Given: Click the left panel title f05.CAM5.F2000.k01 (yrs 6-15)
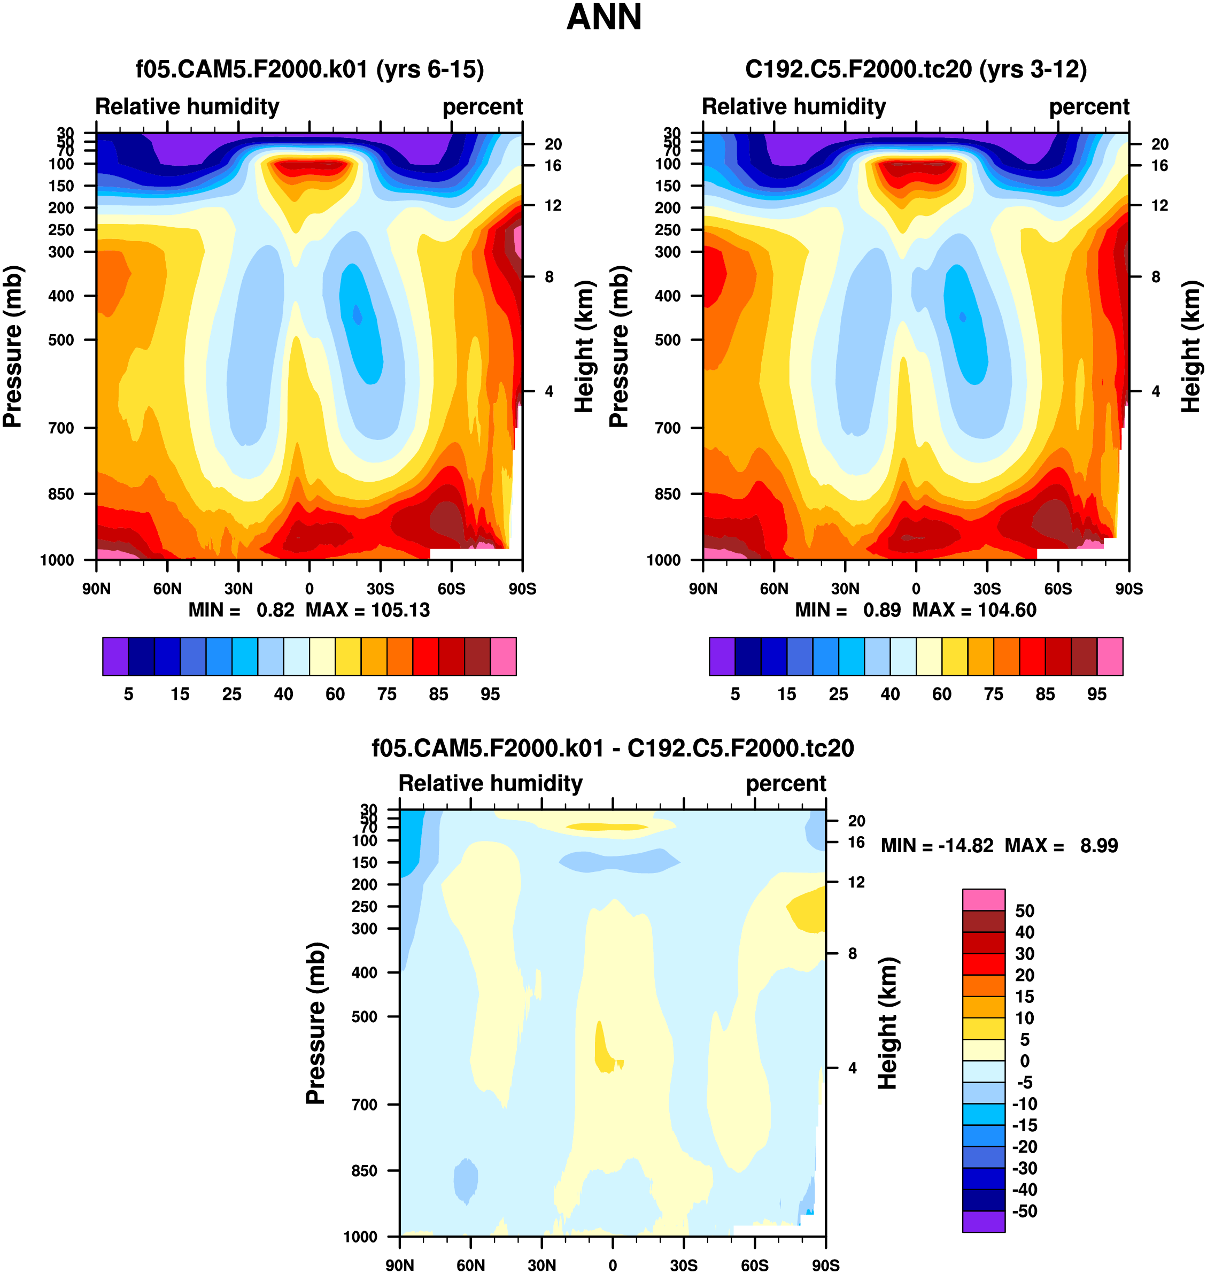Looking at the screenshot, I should pos(310,69).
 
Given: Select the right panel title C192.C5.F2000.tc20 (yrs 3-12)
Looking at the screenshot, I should pos(916,69).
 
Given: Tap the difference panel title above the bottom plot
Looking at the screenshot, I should pos(613,748).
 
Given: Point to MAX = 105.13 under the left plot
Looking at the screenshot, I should pos(367,610).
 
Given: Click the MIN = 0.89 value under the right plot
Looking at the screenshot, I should pos(847,610).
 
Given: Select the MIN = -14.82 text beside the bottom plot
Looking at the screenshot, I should pos(937,845).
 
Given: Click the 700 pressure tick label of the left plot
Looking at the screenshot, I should pos(61,428).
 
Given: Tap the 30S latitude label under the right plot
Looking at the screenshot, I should pos(987,589).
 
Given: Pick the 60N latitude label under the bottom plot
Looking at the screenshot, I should pos(470,1265).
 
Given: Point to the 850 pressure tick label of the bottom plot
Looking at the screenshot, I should pos(364,1170).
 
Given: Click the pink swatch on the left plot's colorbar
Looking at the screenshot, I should pos(503,657).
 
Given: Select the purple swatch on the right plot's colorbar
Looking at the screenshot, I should pos(722,657).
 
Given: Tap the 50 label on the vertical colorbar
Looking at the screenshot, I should pos(1024,911).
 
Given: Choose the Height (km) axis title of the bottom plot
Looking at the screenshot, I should pos(888,1023).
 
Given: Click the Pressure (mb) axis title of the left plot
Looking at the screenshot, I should pos(13,346).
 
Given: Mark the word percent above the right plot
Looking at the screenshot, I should pos(1089,107).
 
